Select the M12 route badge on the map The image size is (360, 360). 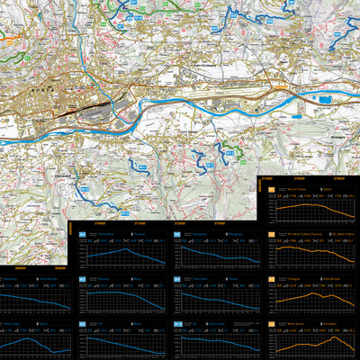tap(205, 166)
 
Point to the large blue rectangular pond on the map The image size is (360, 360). tap(330, 92)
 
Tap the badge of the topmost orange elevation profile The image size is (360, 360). tap(271, 191)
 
